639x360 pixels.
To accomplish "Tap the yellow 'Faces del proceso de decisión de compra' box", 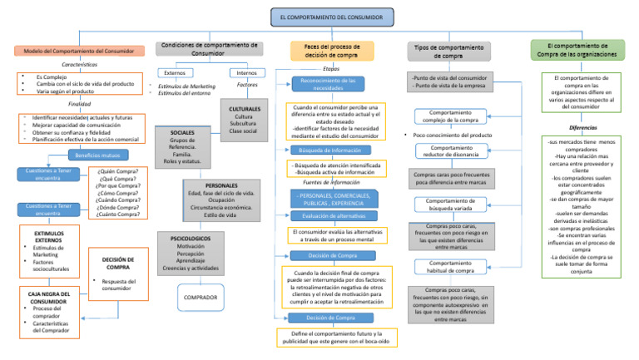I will click(x=332, y=51).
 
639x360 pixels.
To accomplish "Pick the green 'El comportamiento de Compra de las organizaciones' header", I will click(x=577, y=50).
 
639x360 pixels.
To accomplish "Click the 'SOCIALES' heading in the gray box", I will click(x=182, y=133).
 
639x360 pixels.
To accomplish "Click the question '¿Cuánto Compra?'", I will click(x=118, y=215).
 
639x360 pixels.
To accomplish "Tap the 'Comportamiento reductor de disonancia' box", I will click(x=451, y=152).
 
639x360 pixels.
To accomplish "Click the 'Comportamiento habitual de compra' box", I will click(x=451, y=266).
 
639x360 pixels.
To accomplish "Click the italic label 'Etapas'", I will click(x=330, y=69).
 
